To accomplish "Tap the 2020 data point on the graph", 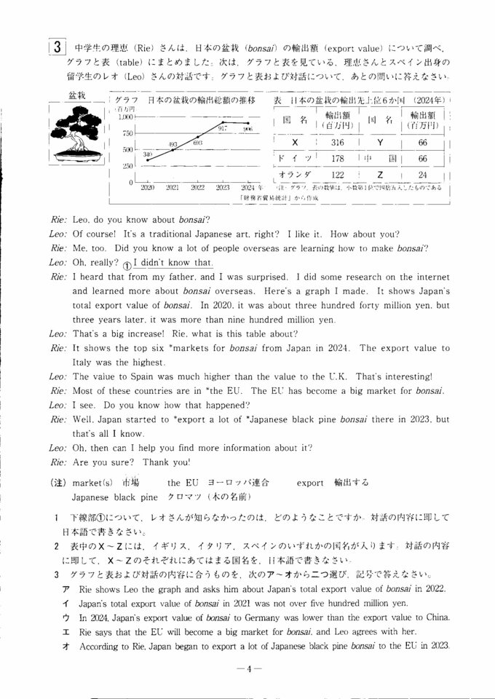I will (148, 159).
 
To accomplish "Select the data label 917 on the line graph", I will (223, 127).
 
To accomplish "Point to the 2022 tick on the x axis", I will (197, 187).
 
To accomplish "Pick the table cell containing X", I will (294, 143).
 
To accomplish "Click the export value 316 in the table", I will (337, 143).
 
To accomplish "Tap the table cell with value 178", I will (337, 158).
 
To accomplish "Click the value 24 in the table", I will (423, 174).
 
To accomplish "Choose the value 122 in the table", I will (337, 174).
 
